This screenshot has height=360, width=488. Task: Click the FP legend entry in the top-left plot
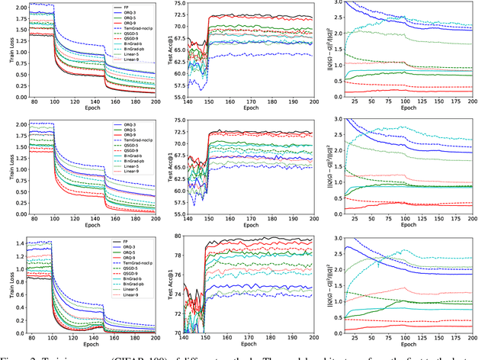(x=127, y=7)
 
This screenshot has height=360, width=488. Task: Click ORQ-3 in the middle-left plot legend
(x=127, y=124)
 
